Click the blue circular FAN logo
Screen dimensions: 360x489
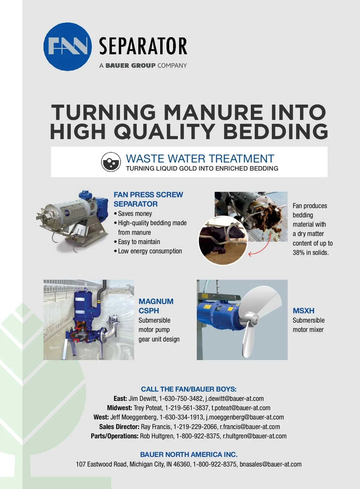point(67,47)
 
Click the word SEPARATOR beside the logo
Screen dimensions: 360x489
point(143,46)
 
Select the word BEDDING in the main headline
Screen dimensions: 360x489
point(275,131)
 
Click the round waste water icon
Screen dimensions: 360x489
point(111,162)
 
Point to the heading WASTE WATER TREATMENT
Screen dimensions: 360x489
point(200,159)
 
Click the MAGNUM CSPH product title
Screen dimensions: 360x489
point(156,306)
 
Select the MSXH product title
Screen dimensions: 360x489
point(303,310)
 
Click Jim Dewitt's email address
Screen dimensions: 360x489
point(234,399)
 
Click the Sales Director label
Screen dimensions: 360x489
point(119,427)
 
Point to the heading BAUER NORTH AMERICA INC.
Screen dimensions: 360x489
point(189,455)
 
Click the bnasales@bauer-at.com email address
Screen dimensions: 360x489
point(270,464)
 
